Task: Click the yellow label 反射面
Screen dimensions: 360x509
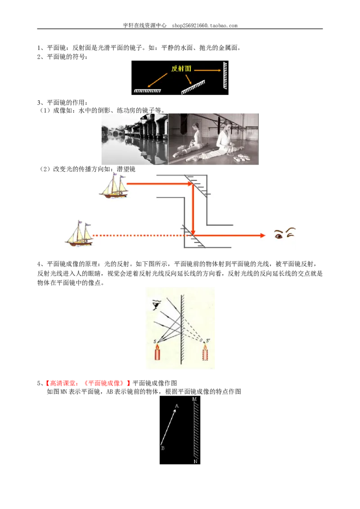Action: point(181,68)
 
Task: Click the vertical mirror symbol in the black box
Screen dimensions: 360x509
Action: point(225,76)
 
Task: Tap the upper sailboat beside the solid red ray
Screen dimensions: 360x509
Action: point(114,186)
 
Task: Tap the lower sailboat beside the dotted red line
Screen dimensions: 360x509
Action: point(79,233)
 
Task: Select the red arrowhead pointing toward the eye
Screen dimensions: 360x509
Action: point(263,235)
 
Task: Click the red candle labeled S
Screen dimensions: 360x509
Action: point(157,352)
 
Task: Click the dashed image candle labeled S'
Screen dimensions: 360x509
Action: point(205,352)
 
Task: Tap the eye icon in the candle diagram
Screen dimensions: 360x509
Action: point(157,305)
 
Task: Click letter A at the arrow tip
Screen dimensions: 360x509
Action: point(177,406)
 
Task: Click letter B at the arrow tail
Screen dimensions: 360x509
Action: point(163,448)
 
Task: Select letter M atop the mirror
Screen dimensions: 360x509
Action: point(194,399)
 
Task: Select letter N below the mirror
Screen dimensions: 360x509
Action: point(195,461)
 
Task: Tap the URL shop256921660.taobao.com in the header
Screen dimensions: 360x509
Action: point(205,26)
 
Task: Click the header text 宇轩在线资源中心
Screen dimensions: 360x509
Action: point(144,25)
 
